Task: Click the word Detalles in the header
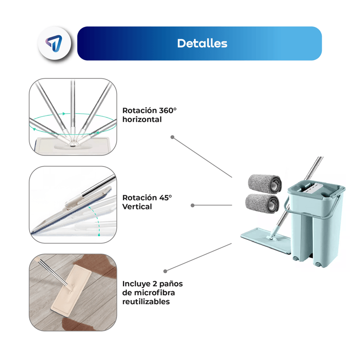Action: (202, 44)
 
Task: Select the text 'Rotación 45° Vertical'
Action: (147, 202)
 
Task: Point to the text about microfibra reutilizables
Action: (153, 292)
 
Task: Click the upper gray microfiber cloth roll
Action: (265, 183)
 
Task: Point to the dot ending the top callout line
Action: (172, 137)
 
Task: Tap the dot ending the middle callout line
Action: (193, 205)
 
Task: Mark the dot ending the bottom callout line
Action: (166, 271)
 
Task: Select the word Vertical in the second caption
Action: (137, 207)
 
